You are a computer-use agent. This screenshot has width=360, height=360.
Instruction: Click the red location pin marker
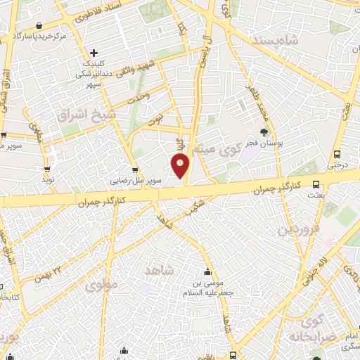pyautogui.click(x=181, y=165)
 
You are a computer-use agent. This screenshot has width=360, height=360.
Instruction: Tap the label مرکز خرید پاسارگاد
pyautogui.click(x=39, y=34)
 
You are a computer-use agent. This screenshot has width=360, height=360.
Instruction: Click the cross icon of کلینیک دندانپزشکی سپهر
pyautogui.click(x=94, y=52)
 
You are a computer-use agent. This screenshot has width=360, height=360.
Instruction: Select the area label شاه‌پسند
pyautogui.click(x=270, y=41)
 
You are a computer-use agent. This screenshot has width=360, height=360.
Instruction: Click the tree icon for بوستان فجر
pyautogui.click(x=264, y=132)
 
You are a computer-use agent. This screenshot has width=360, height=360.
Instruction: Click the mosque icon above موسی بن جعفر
pyautogui.click(x=207, y=273)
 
